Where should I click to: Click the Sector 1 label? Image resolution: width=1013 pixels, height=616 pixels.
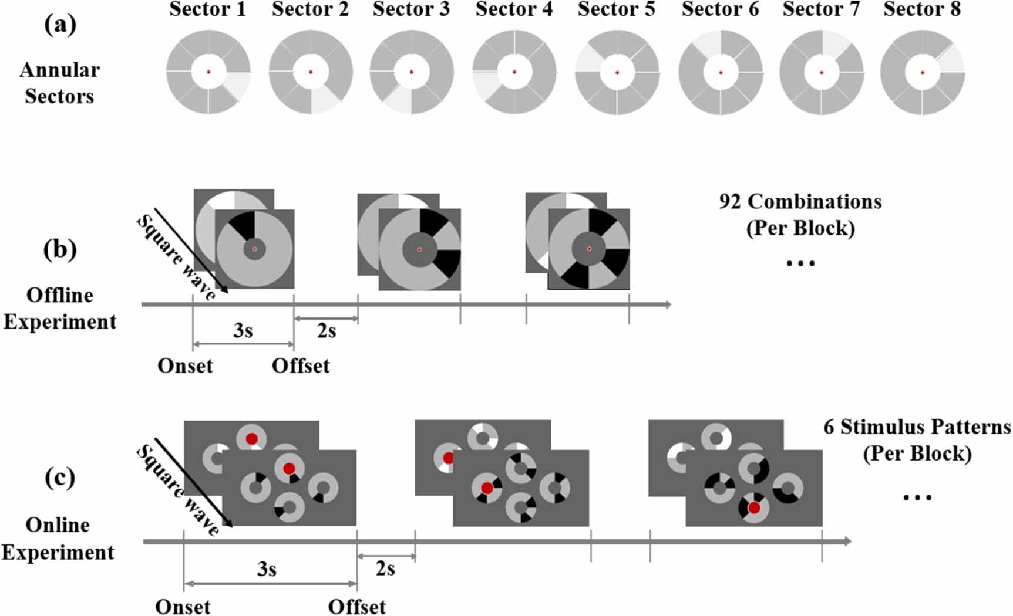[207, 9]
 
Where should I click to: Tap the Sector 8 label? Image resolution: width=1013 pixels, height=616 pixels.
[921, 9]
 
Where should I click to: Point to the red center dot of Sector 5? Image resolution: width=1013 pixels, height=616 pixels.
[617, 72]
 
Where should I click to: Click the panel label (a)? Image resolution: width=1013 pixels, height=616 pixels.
[60, 25]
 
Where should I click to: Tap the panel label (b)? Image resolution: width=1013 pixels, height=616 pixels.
[60, 249]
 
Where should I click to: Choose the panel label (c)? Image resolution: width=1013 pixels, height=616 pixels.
[60, 478]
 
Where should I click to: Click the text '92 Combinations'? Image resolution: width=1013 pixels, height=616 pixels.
[800, 202]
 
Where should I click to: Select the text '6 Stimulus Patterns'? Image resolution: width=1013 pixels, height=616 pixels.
[917, 427]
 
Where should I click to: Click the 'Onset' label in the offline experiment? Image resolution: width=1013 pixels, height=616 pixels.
[185, 366]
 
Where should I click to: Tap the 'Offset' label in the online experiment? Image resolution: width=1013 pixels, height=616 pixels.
[356, 607]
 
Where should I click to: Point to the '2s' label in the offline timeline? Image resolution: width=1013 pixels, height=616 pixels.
[327, 331]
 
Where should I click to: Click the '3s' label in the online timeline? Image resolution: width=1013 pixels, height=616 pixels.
[267, 569]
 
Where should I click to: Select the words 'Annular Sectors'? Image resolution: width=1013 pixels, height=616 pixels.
[59, 83]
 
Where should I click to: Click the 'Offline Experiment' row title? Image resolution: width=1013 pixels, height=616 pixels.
[59, 308]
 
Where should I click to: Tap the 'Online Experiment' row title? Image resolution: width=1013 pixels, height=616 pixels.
[58, 539]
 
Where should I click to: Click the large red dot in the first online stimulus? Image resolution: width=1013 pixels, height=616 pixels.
[288, 468]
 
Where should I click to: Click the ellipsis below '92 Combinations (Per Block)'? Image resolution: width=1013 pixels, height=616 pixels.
[800, 264]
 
